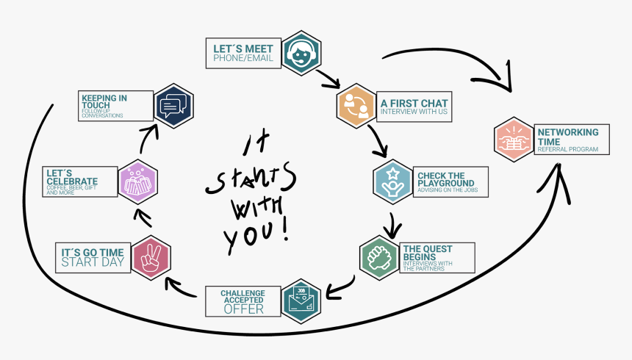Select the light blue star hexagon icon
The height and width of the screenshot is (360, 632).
(392, 180)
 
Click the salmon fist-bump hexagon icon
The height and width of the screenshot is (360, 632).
(514, 139)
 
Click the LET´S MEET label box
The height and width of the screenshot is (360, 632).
(243, 53)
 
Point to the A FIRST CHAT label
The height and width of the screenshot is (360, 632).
(414, 107)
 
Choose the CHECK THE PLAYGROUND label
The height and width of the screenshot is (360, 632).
(451, 180)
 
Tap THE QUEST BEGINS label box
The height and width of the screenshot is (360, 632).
(437, 257)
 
